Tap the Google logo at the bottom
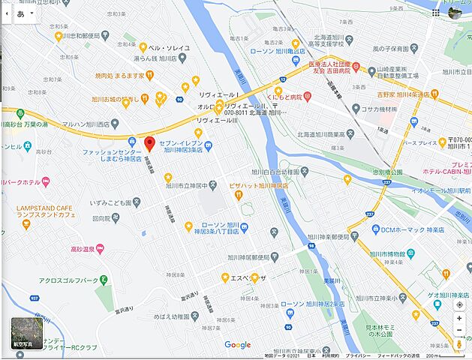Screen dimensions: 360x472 237,345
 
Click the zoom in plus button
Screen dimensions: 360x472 459,318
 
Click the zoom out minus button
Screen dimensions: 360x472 459,330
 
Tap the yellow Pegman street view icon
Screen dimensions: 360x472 459,344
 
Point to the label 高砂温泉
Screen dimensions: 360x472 82,248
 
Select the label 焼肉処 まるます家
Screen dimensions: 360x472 119,75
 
